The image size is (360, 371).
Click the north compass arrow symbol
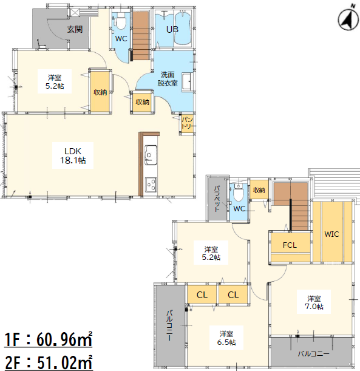click(349, 19)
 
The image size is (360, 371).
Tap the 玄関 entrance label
click(75, 29)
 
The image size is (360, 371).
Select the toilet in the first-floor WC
click(121, 21)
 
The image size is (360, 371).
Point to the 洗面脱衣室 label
click(168, 79)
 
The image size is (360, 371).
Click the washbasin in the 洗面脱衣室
click(188, 81)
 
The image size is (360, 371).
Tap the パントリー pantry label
click(188, 123)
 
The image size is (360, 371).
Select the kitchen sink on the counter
click(151, 155)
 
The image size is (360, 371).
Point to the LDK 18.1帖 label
click(73, 155)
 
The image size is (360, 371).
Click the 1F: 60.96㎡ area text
click(48, 339)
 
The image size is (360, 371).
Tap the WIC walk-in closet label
click(331, 234)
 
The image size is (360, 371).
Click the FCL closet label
click(290, 245)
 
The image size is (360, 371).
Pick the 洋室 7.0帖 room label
click(314, 302)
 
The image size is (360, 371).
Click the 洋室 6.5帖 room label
click(226, 338)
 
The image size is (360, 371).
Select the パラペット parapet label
click(217, 199)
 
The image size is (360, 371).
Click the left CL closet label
click(202, 295)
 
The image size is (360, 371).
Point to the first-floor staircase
click(141, 35)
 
